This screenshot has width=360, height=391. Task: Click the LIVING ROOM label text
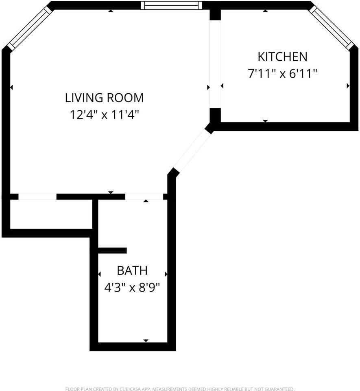pos(105,98)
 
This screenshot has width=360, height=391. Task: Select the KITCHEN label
pos(283,56)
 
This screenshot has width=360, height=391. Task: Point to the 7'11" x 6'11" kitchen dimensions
pos(282,74)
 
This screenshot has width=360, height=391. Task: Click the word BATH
pos(132,270)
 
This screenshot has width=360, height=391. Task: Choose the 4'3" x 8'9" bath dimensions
pos(132,288)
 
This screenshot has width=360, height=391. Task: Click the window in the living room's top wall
pos(171,5)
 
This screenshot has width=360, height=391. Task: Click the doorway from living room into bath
pos(144,197)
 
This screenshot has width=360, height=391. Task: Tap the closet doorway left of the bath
pos(37,197)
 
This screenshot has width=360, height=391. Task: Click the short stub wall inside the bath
pos(112,250)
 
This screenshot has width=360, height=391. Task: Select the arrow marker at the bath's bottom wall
pos(146,340)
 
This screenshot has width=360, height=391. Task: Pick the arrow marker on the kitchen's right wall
pos(348,86)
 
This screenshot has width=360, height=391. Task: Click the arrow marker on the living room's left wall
pos(11,87)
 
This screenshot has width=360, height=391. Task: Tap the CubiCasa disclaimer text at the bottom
pos(180,389)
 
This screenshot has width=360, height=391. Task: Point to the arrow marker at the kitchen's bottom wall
pos(265,121)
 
